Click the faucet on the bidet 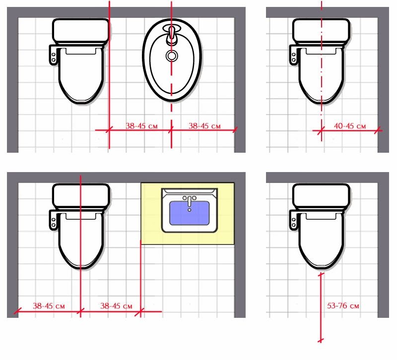(x=172, y=35)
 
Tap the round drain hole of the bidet (x=172, y=56)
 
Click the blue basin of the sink (x=189, y=216)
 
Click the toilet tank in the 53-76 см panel (x=321, y=195)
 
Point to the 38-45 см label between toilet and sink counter (x=116, y=306)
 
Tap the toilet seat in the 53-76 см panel (x=321, y=238)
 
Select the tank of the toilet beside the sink (x=80, y=195)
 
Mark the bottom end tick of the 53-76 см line (x=321, y=340)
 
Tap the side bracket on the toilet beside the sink (x=53, y=219)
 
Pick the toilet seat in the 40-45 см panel (x=321, y=74)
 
